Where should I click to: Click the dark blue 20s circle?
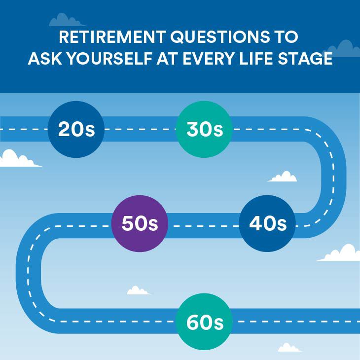pos(76,129)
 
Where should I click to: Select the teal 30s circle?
pos(205,129)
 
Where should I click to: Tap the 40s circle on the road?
pos(267,224)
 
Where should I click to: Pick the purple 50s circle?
pos(140,224)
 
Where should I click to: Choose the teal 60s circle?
pos(205,322)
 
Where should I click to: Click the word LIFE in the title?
pos(267,59)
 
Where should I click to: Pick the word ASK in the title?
pos(43,59)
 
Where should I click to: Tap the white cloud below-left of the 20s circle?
pos(17,159)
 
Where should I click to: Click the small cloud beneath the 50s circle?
pos(139,290)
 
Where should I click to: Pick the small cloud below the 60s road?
pos(289,348)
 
